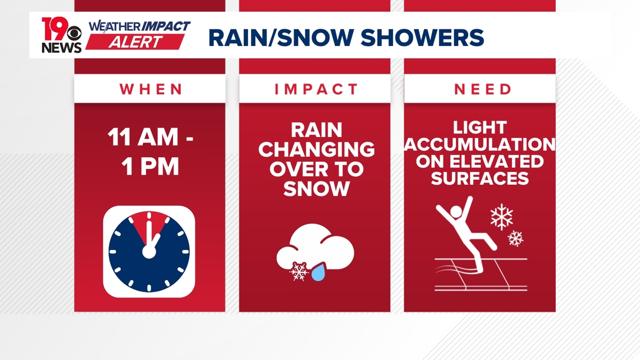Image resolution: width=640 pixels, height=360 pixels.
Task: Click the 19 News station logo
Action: (x=61, y=35)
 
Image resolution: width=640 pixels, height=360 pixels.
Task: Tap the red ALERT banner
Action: (x=135, y=42)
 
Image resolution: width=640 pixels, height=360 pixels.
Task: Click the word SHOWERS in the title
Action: (x=422, y=38)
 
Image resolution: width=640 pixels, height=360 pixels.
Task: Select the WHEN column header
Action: (x=151, y=89)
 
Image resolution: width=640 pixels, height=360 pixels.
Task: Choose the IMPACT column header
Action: (x=316, y=89)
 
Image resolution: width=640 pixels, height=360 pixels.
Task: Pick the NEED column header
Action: (x=482, y=89)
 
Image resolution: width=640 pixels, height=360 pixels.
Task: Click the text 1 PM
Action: (x=150, y=166)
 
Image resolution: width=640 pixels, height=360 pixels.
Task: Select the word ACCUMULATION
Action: (x=480, y=145)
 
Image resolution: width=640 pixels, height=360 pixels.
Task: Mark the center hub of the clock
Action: (x=149, y=251)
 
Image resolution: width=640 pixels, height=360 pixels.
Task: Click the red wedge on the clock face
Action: (x=149, y=225)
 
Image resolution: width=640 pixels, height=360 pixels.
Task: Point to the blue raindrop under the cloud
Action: (x=318, y=273)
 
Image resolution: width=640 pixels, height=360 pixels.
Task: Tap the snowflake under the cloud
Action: (x=299, y=272)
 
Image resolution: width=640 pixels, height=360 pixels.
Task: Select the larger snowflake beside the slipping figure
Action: (x=501, y=217)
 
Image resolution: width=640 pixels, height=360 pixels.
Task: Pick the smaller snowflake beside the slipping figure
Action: (x=515, y=239)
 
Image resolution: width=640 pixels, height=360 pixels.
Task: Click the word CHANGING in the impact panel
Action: (x=316, y=150)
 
